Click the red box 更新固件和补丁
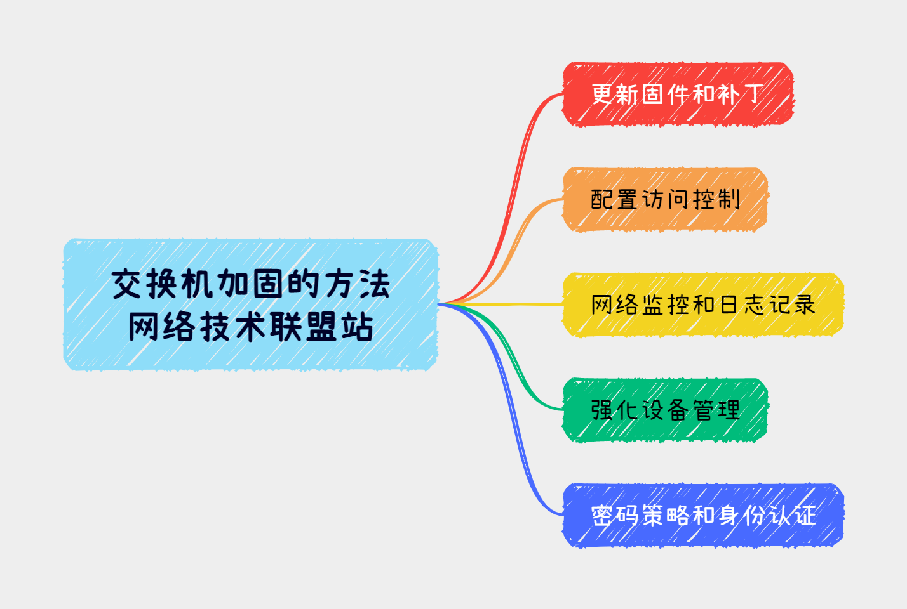click(x=678, y=95)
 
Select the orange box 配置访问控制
click(x=665, y=199)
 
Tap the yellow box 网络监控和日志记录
click(x=703, y=305)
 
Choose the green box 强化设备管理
click(x=665, y=410)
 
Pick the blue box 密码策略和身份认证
click(x=703, y=516)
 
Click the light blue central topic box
click(x=251, y=304)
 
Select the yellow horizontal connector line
click(x=501, y=304)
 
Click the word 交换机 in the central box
click(x=162, y=284)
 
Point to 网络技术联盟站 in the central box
click(x=251, y=326)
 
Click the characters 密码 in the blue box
click(x=615, y=516)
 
